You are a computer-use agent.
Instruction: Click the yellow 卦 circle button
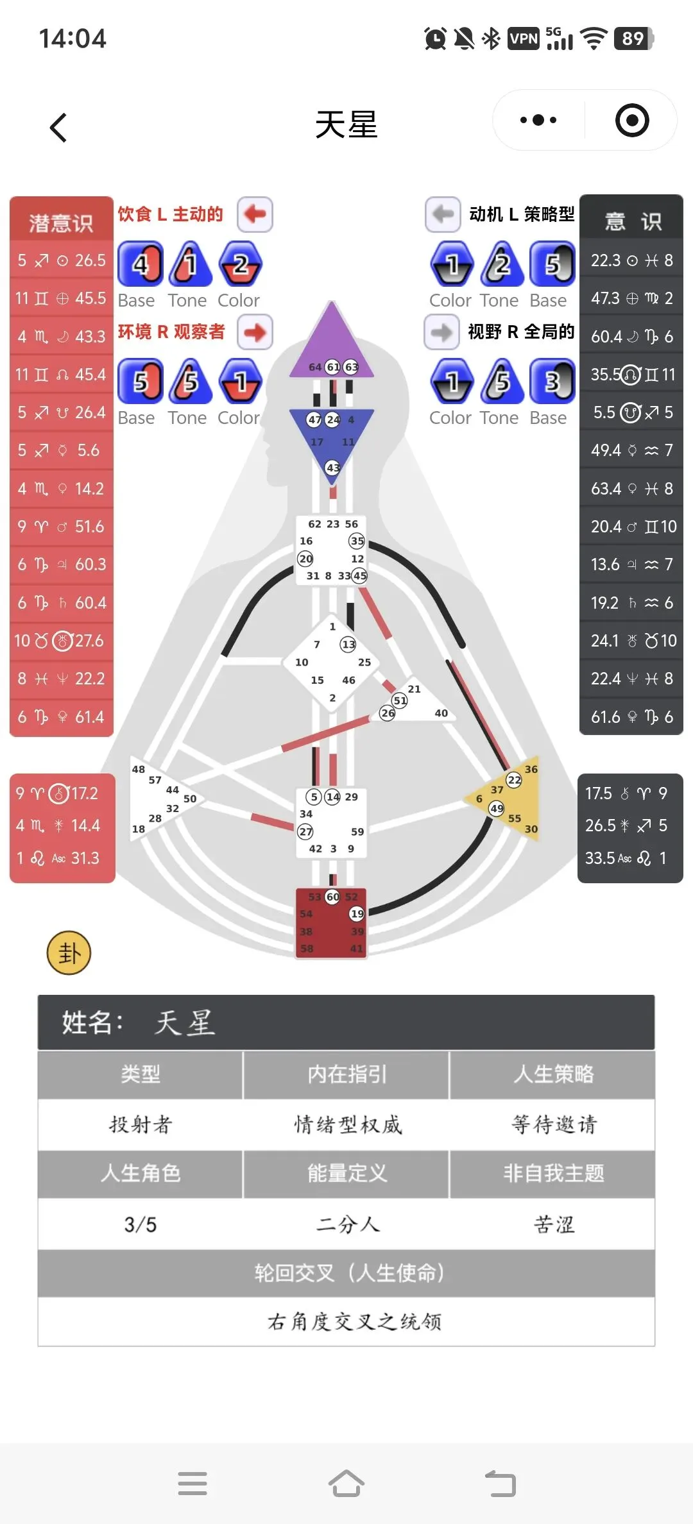pyautogui.click(x=69, y=952)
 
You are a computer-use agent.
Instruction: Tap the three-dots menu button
pyautogui.click(x=538, y=120)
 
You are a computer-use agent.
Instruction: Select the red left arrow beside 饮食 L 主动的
pyautogui.click(x=255, y=214)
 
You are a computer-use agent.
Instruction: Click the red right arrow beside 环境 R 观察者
pyautogui.click(x=255, y=332)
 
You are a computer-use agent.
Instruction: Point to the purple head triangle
pyautogui.click(x=332, y=343)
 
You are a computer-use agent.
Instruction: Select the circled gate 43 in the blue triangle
pyautogui.click(x=332, y=468)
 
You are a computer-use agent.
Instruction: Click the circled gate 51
pyautogui.click(x=400, y=700)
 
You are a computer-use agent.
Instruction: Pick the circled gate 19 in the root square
pyautogui.click(x=357, y=913)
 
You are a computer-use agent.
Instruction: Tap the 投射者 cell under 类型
pyautogui.click(x=141, y=1124)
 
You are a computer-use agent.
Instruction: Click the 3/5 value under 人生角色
pyautogui.click(x=141, y=1224)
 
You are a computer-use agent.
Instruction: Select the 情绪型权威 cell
pyautogui.click(x=347, y=1124)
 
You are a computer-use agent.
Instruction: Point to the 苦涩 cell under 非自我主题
pyautogui.click(x=553, y=1224)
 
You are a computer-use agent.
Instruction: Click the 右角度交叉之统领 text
pyautogui.click(x=354, y=1321)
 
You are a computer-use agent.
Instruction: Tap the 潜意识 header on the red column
pyautogui.click(x=61, y=223)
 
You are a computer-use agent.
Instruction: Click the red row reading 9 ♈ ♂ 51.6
pyautogui.click(x=61, y=527)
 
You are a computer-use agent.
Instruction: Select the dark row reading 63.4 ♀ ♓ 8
pyautogui.click(x=631, y=489)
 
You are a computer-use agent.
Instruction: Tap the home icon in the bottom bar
pyautogui.click(x=346, y=1483)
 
